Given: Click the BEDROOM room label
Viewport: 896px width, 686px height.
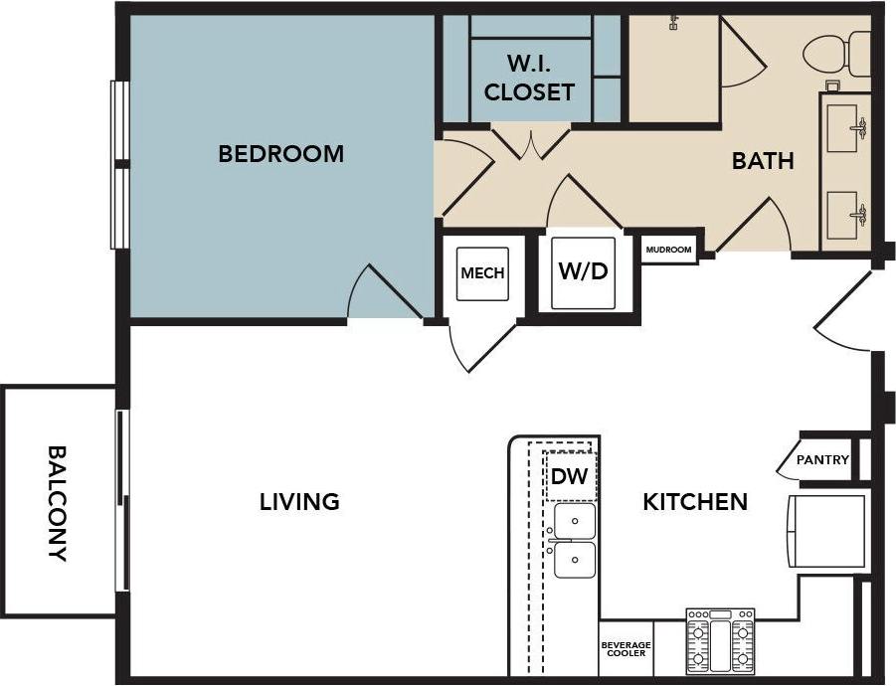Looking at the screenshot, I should point(280,154).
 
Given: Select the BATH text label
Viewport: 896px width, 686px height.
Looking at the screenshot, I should point(763,160).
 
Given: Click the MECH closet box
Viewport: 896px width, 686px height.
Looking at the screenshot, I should point(482,273).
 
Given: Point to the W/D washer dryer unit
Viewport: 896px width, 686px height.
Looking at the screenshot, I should point(583,271).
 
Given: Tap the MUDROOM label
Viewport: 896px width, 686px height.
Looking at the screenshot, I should point(668,250).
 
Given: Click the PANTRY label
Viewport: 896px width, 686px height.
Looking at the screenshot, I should point(822,460).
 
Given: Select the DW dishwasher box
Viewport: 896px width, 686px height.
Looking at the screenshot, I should point(570,476).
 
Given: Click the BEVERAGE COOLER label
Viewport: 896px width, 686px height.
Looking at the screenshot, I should point(626,648).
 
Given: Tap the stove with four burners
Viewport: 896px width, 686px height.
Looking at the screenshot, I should point(720,642).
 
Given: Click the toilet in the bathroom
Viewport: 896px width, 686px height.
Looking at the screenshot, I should point(835,52).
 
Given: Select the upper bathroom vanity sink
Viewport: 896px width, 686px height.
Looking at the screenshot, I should point(845,127).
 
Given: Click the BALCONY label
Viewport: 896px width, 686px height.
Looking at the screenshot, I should point(58,503).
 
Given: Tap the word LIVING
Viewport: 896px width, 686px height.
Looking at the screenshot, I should point(299,502).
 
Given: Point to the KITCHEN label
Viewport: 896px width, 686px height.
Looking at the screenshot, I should point(694,502).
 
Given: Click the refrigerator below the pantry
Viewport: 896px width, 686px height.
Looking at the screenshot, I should point(827,531).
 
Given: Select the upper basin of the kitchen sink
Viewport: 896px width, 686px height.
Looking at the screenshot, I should point(575,520).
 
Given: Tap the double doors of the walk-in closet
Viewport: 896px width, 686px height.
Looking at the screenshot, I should point(530,141).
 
